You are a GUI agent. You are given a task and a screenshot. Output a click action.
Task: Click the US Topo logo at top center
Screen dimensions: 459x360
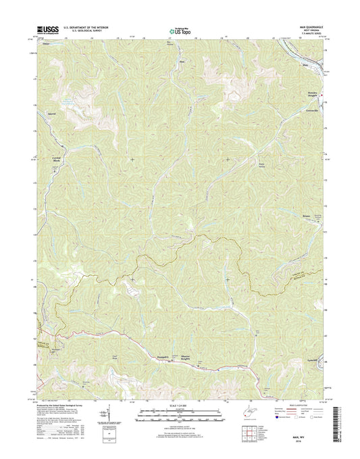179,30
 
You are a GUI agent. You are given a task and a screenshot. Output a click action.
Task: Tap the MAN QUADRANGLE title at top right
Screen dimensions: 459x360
310,27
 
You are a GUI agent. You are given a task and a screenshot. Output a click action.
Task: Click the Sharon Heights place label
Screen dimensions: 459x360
199,356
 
